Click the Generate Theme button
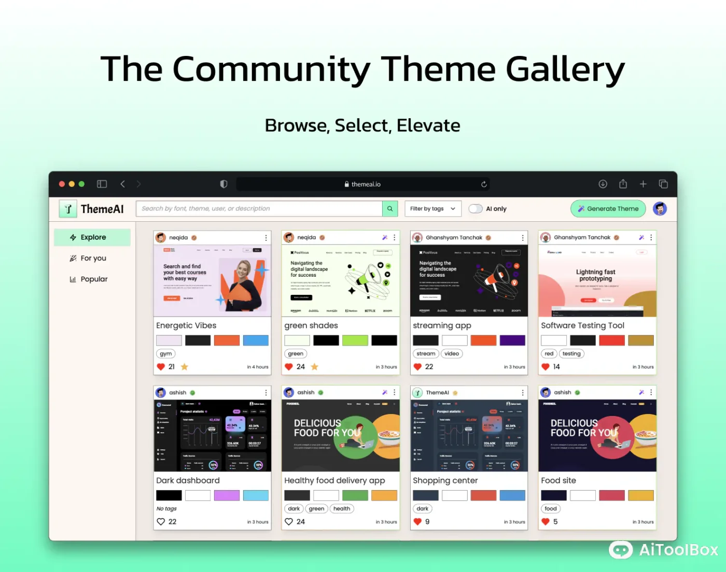click(608, 209)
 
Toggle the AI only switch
click(475, 209)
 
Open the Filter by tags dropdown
click(432, 209)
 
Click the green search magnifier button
click(390, 209)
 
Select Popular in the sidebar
click(89, 279)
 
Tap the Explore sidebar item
click(92, 237)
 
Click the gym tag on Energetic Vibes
click(166, 354)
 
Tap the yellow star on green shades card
click(314, 367)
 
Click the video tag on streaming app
click(452, 354)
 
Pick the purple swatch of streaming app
click(512, 340)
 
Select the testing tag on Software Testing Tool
click(571, 354)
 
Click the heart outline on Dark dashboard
click(161, 522)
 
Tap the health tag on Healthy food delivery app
click(342, 509)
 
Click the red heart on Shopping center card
click(417, 522)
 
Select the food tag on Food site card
click(551, 509)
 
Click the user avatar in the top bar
click(660, 209)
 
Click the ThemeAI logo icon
click(68, 209)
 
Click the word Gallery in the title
click(565, 69)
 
